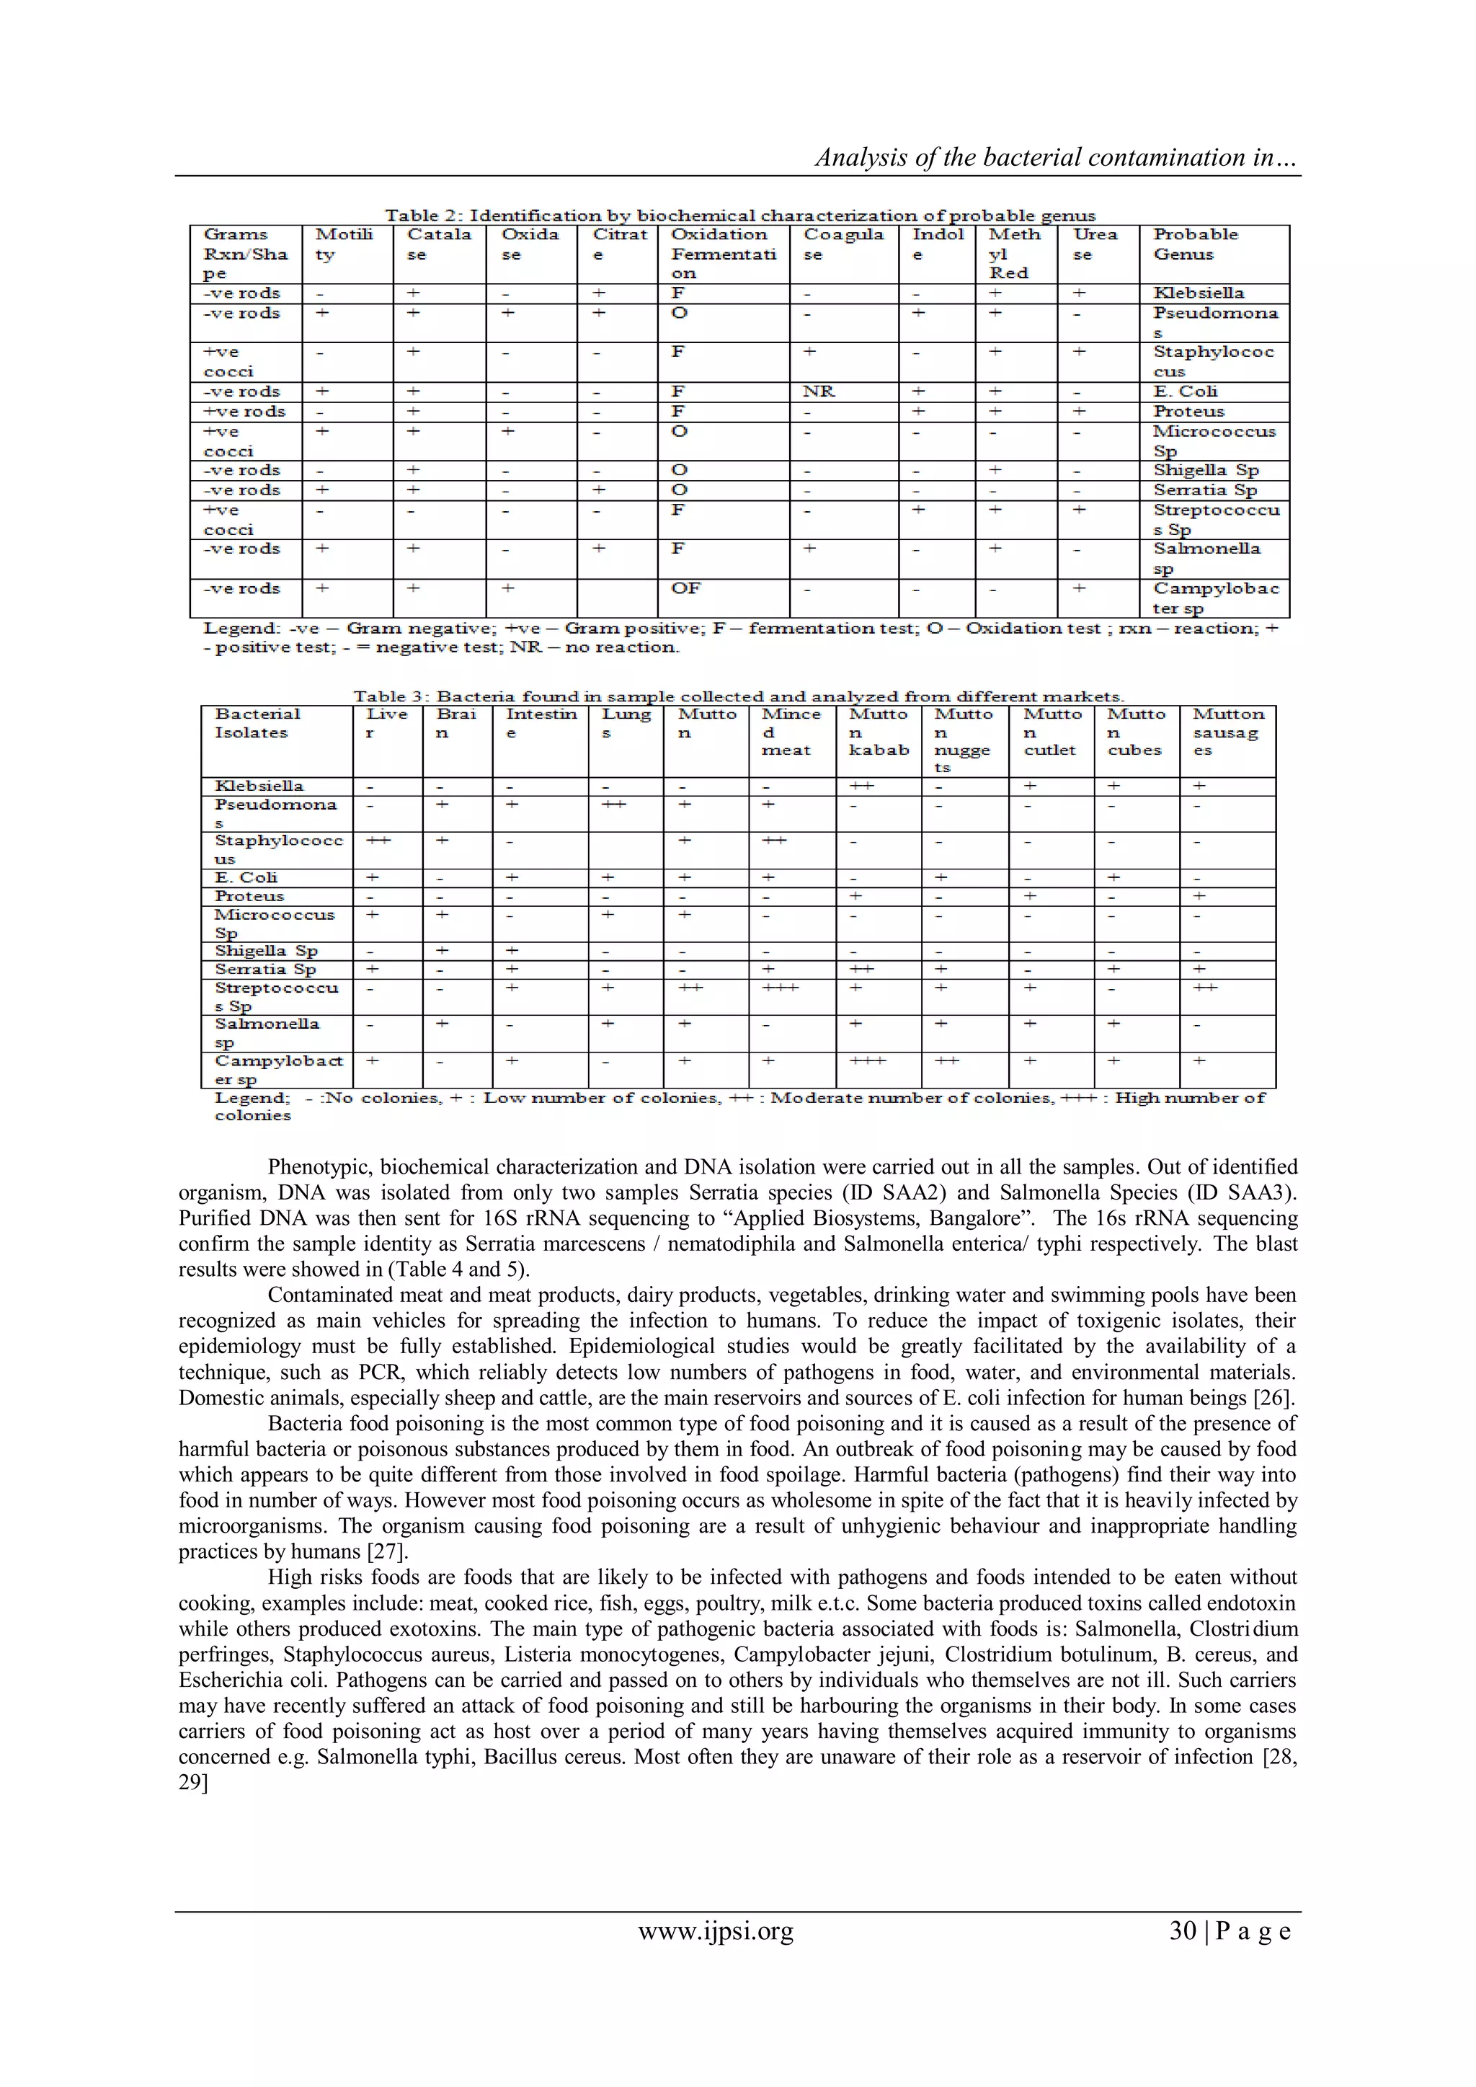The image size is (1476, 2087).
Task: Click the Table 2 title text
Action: pos(740,216)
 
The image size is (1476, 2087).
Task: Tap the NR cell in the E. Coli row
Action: pos(819,391)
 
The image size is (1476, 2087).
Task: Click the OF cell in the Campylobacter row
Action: pos(686,589)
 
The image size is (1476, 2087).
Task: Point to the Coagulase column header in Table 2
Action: pos(843,244)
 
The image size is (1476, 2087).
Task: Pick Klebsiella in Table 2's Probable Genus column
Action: pos(1198,293)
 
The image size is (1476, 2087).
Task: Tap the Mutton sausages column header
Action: pos(1227,732)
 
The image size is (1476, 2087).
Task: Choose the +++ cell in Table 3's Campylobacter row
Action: pos(867,1060)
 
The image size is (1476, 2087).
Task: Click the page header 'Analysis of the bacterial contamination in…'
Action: pos(1056,157)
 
